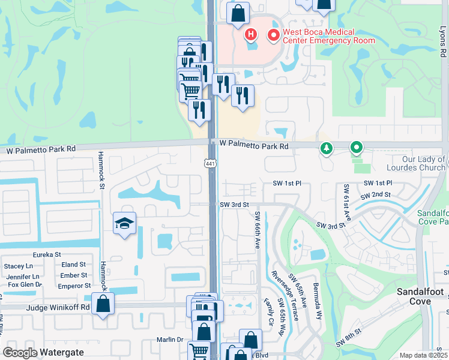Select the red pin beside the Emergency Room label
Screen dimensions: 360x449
coord(274,36)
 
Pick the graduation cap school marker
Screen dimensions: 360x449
coord(125,224)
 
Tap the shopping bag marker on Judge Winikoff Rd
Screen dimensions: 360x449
coord(103,304)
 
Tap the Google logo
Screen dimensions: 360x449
coord(20,353)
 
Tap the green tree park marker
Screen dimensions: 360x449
coord(326,148)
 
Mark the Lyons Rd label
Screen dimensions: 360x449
coord(444,41)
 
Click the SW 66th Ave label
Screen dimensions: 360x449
coord(258,231)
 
